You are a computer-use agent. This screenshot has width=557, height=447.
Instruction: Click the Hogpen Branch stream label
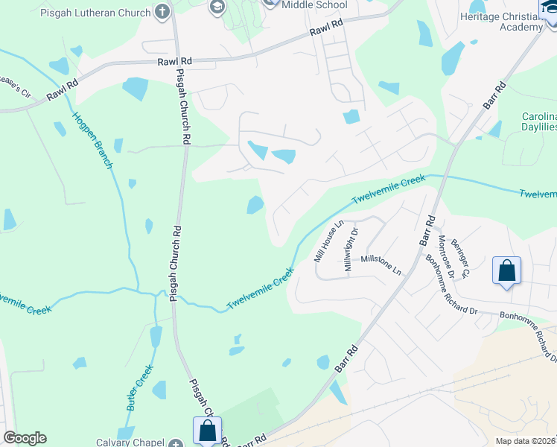(92, 140)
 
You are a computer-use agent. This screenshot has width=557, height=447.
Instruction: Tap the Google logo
(25, 438)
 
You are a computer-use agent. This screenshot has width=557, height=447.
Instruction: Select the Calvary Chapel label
(130, 443)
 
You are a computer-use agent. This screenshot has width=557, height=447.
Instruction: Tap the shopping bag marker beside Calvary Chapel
(207, 430)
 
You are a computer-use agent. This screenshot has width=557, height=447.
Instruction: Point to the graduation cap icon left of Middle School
(217, 8)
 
